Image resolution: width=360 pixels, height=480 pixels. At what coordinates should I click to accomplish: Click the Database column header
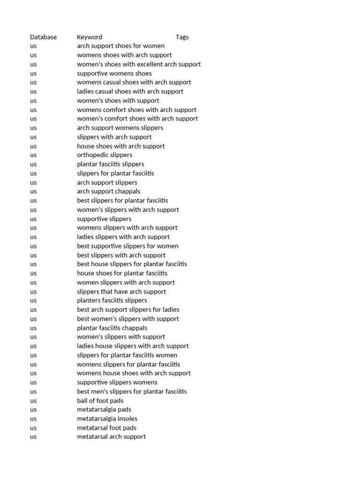click(x=43, y=37)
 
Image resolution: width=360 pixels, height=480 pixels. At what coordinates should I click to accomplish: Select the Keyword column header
click(x=89, y=37)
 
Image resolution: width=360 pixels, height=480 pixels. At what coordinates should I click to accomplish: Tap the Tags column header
click(x=182, y=37)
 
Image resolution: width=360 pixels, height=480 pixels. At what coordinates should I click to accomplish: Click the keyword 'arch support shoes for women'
click(x=120, y=46)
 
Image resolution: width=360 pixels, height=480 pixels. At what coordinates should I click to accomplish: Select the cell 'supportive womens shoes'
click(x=114, y=73)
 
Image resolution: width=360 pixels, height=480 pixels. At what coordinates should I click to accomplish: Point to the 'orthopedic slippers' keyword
click(x=105, y=155)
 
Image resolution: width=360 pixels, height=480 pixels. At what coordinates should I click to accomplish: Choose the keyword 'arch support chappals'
click(x=108, y=191)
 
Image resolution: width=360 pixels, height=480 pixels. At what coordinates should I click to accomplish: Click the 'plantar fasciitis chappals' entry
click(x=112, y=328)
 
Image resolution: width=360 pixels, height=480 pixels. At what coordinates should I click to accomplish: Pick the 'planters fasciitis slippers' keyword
click(x=112, y=300)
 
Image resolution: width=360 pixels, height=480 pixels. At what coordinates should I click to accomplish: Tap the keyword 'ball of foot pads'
click(x=100, y=400)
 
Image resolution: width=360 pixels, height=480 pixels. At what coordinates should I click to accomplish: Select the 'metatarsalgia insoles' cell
click(x=107, y=419)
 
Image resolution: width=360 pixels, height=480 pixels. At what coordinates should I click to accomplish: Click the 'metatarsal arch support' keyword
click(x=111, y=436)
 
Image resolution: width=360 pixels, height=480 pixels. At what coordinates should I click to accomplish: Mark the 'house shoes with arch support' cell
click(x=120, y=146)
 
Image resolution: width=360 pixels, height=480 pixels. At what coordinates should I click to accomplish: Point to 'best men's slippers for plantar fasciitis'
click(x=132, y=391)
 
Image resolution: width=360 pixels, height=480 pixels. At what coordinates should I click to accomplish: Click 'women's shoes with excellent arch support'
click(x=139, y=64)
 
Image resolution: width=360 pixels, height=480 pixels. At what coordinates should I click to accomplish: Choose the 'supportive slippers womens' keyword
click(x=117, y=382)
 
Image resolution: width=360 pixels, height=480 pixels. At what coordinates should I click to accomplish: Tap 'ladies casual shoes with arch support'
click(x=130, y=91)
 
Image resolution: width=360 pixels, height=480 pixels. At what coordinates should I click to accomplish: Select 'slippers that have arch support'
click(x=121, y=292)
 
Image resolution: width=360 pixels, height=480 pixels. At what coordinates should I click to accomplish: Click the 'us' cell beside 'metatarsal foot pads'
click(x=33, y=427)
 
